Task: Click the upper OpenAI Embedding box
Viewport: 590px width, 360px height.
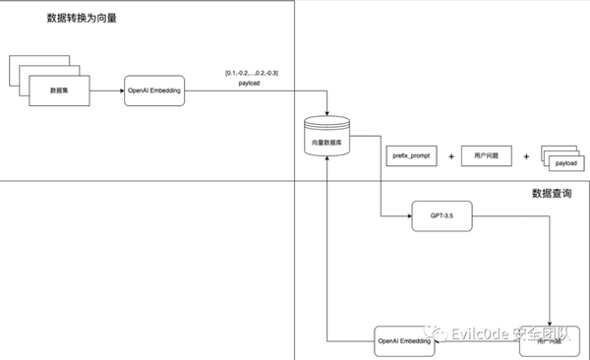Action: [x=154, y=90]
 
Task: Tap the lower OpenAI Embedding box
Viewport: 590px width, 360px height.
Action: [x=404, y=341]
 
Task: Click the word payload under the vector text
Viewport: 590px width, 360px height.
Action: [x=250, y=84]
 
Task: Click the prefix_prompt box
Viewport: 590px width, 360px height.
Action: [x=409, y=156]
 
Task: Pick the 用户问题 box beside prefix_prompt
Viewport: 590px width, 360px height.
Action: [x=488, y=156]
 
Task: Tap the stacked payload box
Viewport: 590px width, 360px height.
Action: [x=563, y=161]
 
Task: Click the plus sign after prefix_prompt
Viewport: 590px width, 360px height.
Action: [x=450, y=156]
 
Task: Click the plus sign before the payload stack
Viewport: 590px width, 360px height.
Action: [x=525, y=156]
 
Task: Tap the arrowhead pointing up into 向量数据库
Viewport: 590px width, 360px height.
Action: [x=326, y=163]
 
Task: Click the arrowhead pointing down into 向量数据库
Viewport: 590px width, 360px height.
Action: [x=326, y=113]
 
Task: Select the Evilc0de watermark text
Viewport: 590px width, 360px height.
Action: [x=511, y=333]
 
